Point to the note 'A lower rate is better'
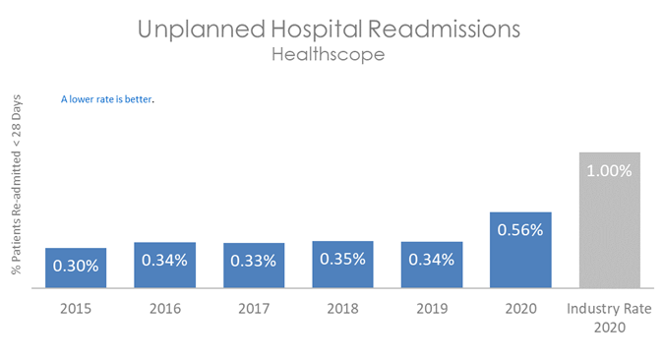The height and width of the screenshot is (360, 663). tap(108, 99)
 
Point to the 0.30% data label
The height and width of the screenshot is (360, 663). tap(75, 265)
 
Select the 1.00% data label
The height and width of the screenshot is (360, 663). tap(610, 169)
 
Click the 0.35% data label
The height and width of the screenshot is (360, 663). tap(342, 259)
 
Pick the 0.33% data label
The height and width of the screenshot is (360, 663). tap(253, 261)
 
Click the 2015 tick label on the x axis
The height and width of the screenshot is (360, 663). tap(75, 309)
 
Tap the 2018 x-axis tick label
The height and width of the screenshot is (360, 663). tap(342, 309)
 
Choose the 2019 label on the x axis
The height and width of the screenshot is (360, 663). tap(432, 309)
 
